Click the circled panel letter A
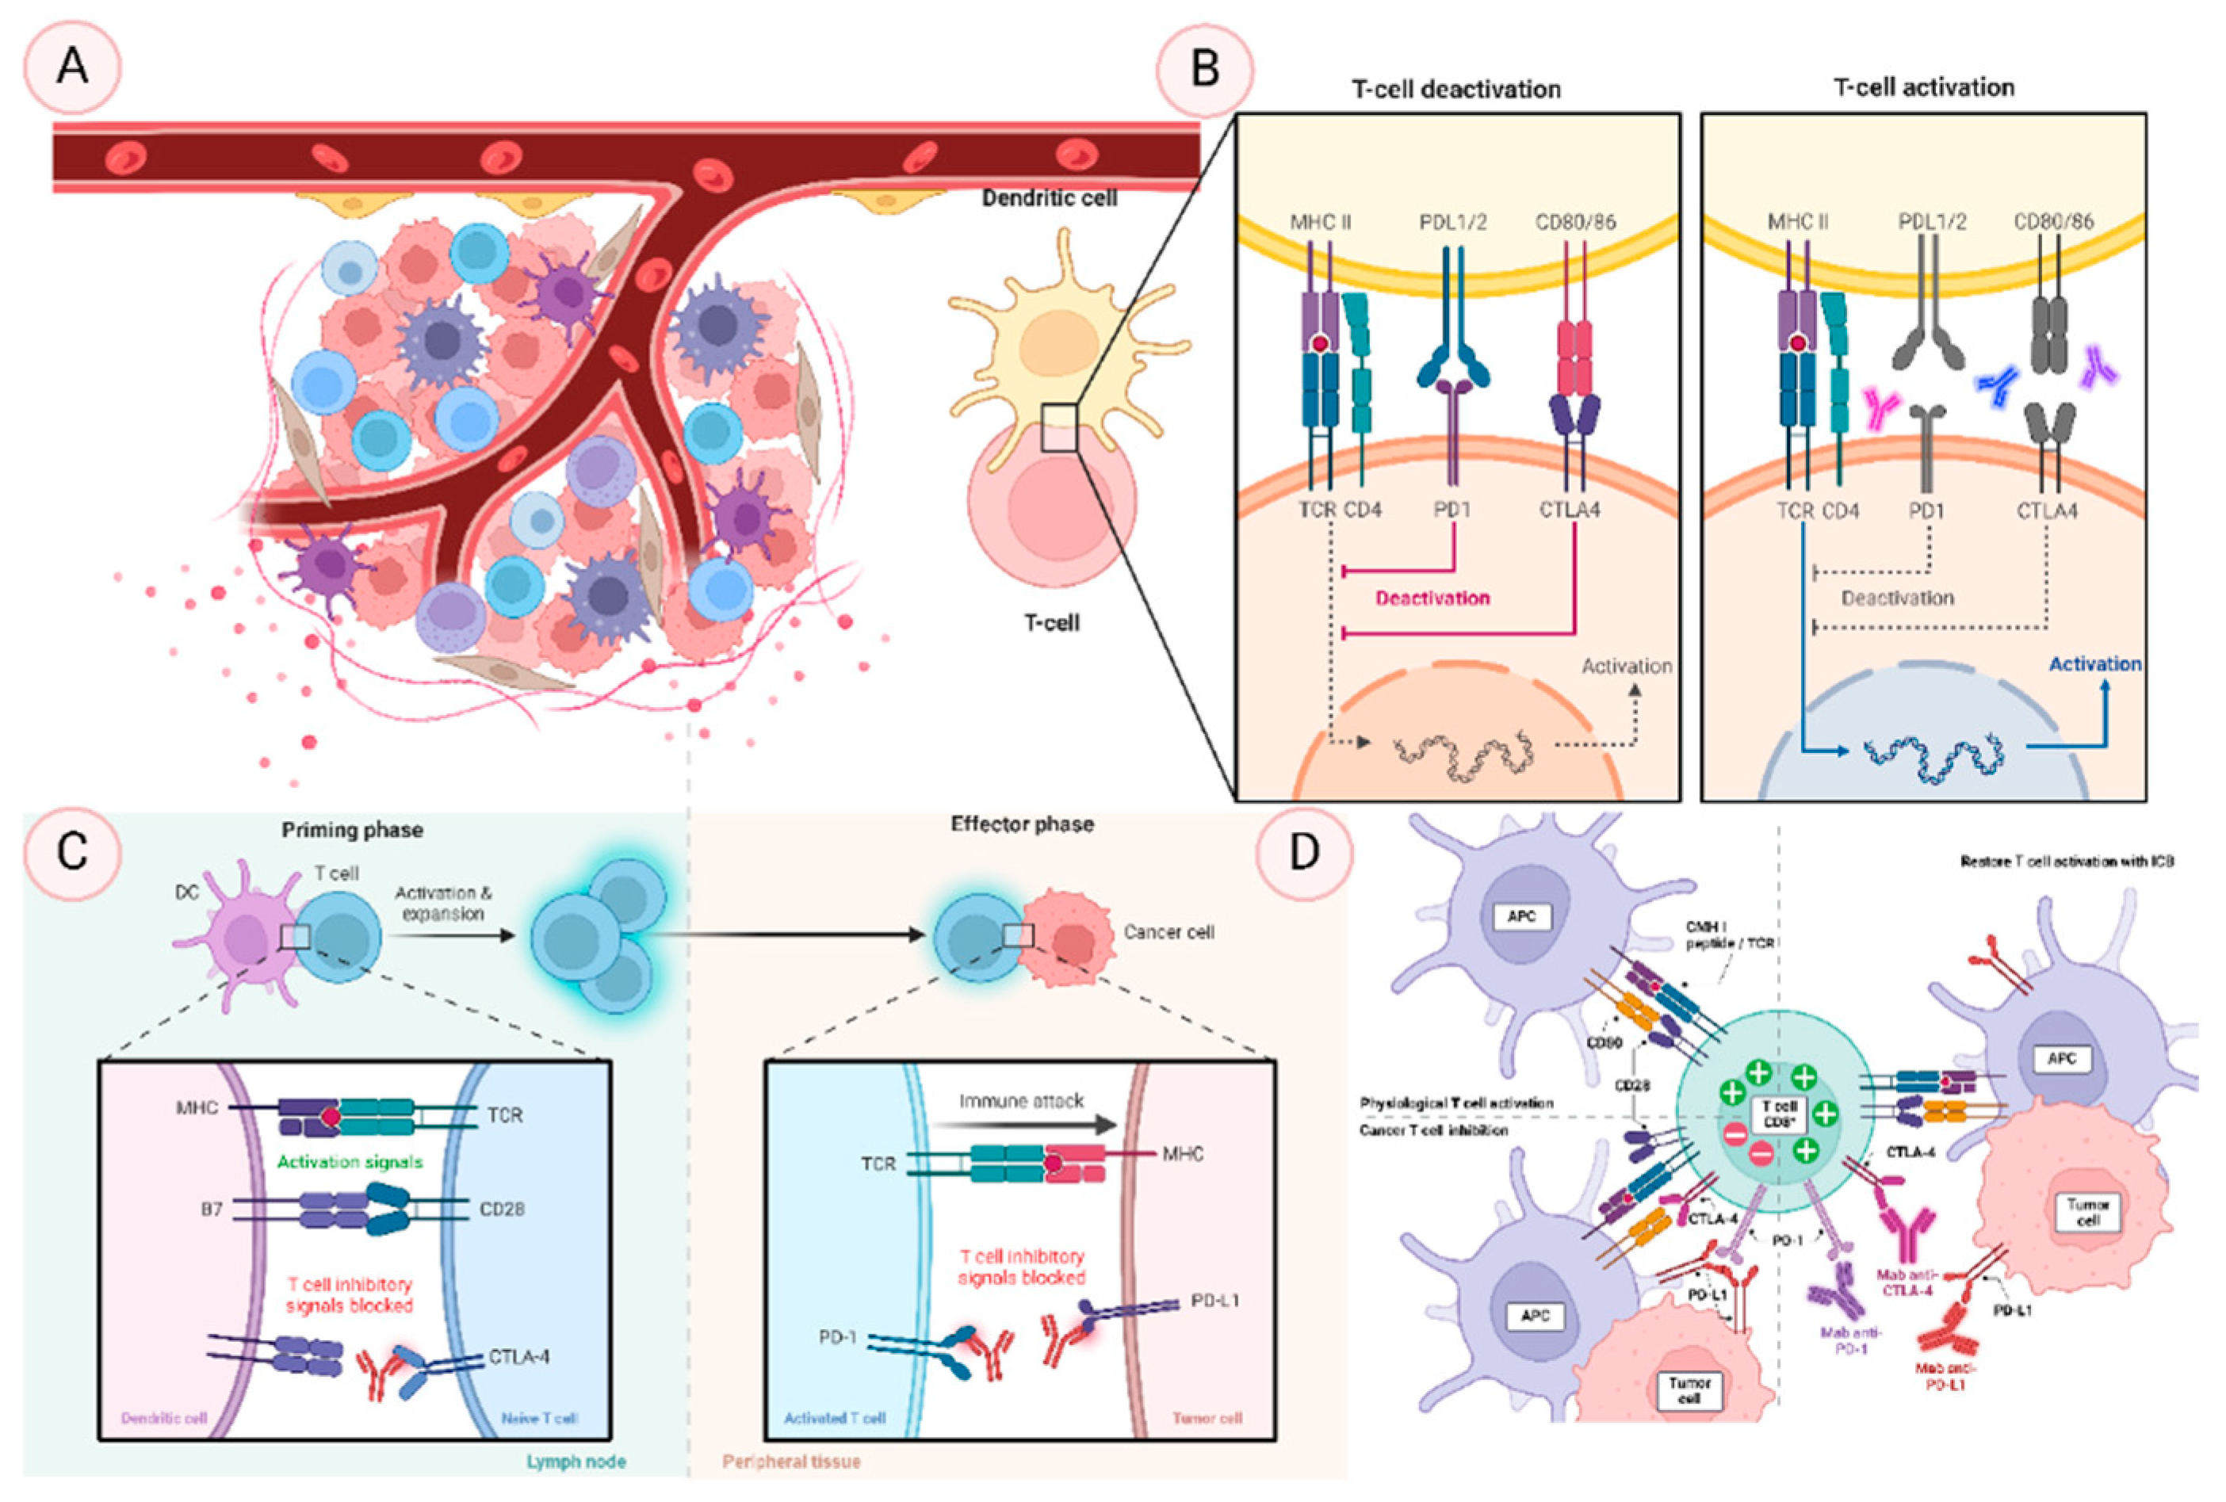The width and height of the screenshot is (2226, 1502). click(73, 68)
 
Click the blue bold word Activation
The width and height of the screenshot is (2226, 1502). click(2094, 664)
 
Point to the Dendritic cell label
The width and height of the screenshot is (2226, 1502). click(1050, 198)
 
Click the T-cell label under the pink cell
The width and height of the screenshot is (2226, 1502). click(1052, 623)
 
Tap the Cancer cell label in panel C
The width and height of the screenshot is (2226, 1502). click(1168, 932)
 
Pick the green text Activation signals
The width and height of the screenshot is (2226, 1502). click(350, 1162)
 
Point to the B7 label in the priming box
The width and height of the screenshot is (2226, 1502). click(212, 1210)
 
